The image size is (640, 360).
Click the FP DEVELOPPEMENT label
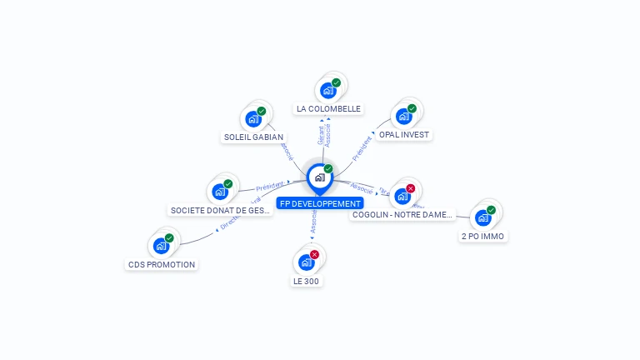321,203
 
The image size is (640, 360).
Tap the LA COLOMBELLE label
328,108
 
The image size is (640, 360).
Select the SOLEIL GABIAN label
253,137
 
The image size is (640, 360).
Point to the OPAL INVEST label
405,134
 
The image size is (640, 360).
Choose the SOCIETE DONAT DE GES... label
220,211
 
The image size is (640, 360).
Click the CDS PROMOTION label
162,264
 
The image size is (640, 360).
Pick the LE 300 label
306,281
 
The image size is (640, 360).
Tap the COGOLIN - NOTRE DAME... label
402,214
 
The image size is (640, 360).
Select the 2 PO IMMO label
482,236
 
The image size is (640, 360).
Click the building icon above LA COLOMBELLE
327,90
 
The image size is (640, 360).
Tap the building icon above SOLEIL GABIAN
252,118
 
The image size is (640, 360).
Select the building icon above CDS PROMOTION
161,246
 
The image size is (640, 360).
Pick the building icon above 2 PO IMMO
482,217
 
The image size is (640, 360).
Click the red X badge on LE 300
314,254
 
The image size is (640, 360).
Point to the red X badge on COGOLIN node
410,188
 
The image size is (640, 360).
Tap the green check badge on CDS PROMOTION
169,238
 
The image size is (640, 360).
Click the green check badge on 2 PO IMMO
491,210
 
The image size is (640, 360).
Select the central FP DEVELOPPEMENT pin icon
319,177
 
